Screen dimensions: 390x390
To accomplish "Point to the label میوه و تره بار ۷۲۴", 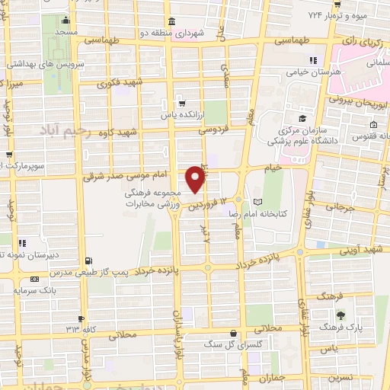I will pos(350,14).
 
